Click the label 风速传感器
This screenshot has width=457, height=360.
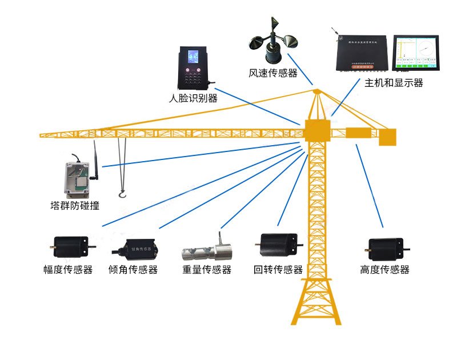coord(273,73)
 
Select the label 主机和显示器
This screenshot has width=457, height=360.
coord(394,83)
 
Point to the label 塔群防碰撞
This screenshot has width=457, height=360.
coord(75,205)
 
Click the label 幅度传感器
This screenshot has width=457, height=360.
coord(68,270)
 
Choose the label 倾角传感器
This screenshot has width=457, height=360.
coord(133,270)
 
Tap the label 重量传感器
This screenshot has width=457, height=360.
coord(207,270)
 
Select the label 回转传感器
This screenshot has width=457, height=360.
coord(278,270)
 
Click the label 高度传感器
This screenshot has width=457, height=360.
coord(385,270)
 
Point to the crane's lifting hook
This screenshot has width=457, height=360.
coord(122,196)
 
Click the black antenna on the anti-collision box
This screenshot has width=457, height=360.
coord(97,160)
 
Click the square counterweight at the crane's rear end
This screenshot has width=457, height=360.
coord(387,137)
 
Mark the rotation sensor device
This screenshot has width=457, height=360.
coord(278,244)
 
